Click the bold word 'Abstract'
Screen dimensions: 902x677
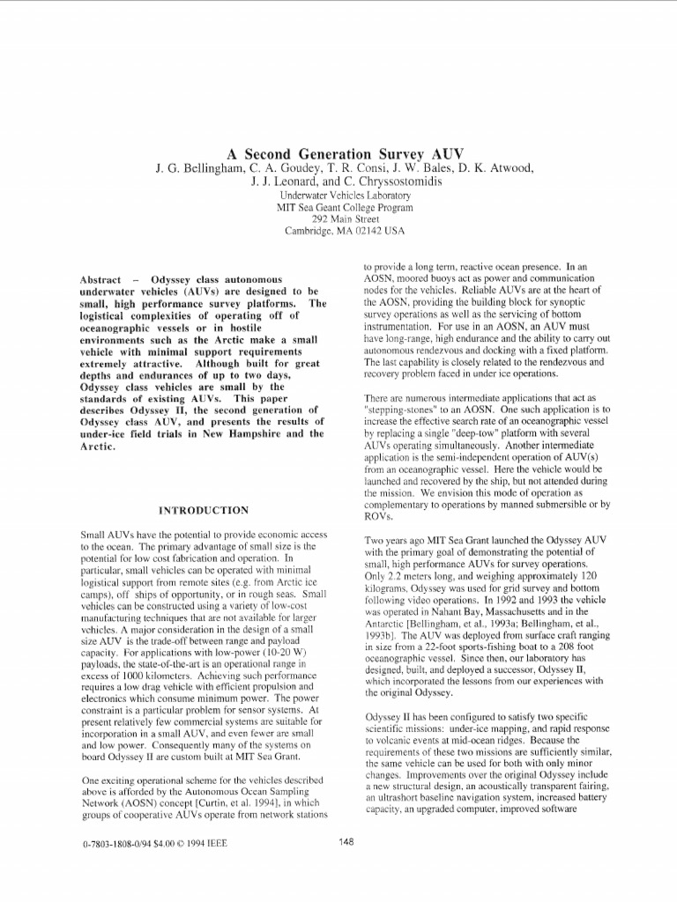tap(100, 279)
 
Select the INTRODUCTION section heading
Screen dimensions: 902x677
tap(203, 510)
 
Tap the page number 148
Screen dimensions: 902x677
tap(346, 842)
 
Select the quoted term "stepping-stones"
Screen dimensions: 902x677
tap(401, 410)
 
